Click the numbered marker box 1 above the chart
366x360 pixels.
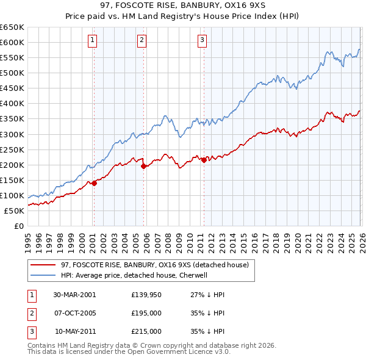[x=93, y=41]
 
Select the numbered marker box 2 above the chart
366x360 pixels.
[x=142, y=41]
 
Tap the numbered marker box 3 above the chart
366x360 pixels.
[x=202, y=41]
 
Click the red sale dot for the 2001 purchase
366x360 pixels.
[x=95, y=183]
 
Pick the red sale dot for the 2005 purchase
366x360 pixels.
[x=143, y=166]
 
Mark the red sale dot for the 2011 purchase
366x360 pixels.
[x=204, y=160]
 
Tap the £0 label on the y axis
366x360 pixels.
[x=18, y=226]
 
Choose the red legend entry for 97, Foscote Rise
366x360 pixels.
[x=154, y=265]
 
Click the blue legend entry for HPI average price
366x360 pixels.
[x=134, y=275]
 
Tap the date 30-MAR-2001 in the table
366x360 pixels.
[x=74, y=295]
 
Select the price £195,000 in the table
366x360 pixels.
[x=146, y=313]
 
